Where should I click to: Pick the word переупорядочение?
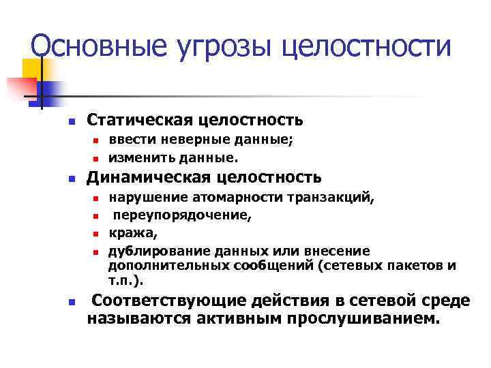(x=182, y=216)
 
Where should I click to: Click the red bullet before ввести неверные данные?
(x=97, y=142)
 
